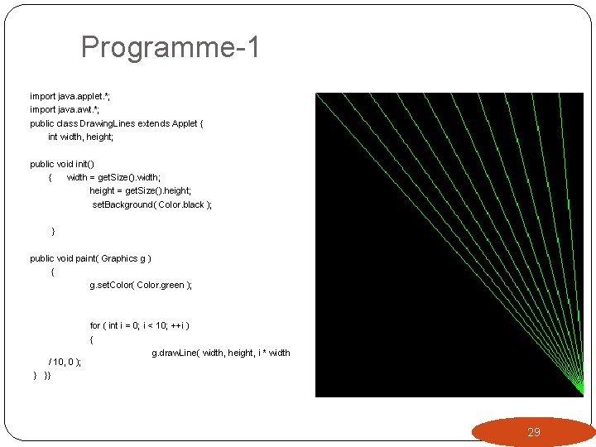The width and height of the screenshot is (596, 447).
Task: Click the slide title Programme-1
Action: (x=171, y=47)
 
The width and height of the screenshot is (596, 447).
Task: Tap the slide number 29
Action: (x=534, y=432)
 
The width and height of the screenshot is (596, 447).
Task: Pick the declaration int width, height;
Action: (x=80, y=137)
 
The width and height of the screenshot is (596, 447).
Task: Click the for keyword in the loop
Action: (x=95, y=325)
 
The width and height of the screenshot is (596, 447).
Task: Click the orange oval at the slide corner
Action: (x=533, y=431)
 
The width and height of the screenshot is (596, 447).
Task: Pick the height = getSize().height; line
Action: (x=140, y=190)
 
